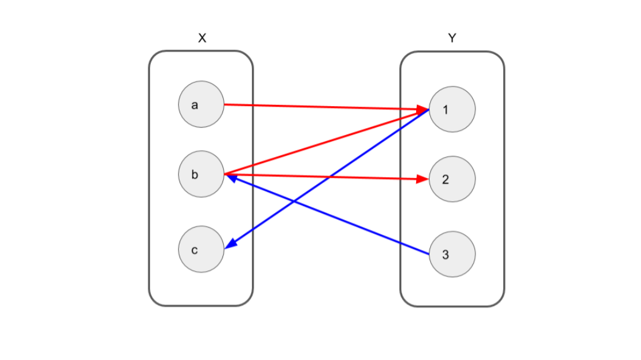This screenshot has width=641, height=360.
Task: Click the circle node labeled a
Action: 201,105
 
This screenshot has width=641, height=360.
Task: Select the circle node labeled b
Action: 201,175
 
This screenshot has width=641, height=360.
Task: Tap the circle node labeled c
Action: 201,250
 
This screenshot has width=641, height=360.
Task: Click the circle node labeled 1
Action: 452,109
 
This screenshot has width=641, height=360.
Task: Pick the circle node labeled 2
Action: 452,179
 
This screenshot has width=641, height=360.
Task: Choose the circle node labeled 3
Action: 452,254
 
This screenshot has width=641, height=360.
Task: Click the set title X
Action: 202,38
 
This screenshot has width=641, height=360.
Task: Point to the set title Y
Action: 452,38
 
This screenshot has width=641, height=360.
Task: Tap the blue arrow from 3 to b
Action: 331,215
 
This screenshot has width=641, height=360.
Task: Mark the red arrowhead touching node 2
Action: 422,179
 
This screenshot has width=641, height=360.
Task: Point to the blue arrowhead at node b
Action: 232,178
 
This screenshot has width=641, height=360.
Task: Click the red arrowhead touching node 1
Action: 423,110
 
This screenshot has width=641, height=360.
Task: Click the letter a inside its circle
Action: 195,105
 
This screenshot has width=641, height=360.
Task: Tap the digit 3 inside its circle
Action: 446,255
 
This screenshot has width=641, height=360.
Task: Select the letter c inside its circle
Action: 195,250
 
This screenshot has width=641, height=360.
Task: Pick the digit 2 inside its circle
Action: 446,180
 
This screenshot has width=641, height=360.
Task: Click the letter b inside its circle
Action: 195,175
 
